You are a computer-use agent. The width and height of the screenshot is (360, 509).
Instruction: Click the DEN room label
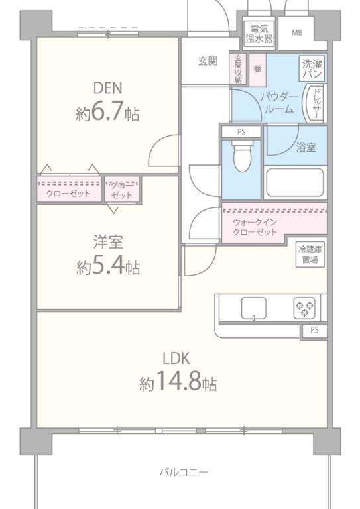107,87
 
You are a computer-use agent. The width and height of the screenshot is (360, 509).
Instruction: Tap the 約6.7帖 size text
107,113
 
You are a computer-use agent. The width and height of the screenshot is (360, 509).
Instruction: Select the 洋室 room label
107,243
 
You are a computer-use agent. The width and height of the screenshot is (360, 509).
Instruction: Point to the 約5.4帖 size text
107,268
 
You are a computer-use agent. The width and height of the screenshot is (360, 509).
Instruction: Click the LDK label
177,359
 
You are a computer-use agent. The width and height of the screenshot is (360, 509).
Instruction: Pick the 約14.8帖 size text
178,383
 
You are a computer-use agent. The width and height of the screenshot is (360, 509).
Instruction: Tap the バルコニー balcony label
184,473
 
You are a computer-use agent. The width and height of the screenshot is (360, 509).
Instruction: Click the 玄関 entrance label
207,61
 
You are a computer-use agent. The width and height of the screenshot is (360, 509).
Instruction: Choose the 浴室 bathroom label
306,147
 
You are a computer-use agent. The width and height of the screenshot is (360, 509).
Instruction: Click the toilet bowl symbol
242,158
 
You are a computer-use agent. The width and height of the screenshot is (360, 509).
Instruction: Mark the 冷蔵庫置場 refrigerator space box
310,254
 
